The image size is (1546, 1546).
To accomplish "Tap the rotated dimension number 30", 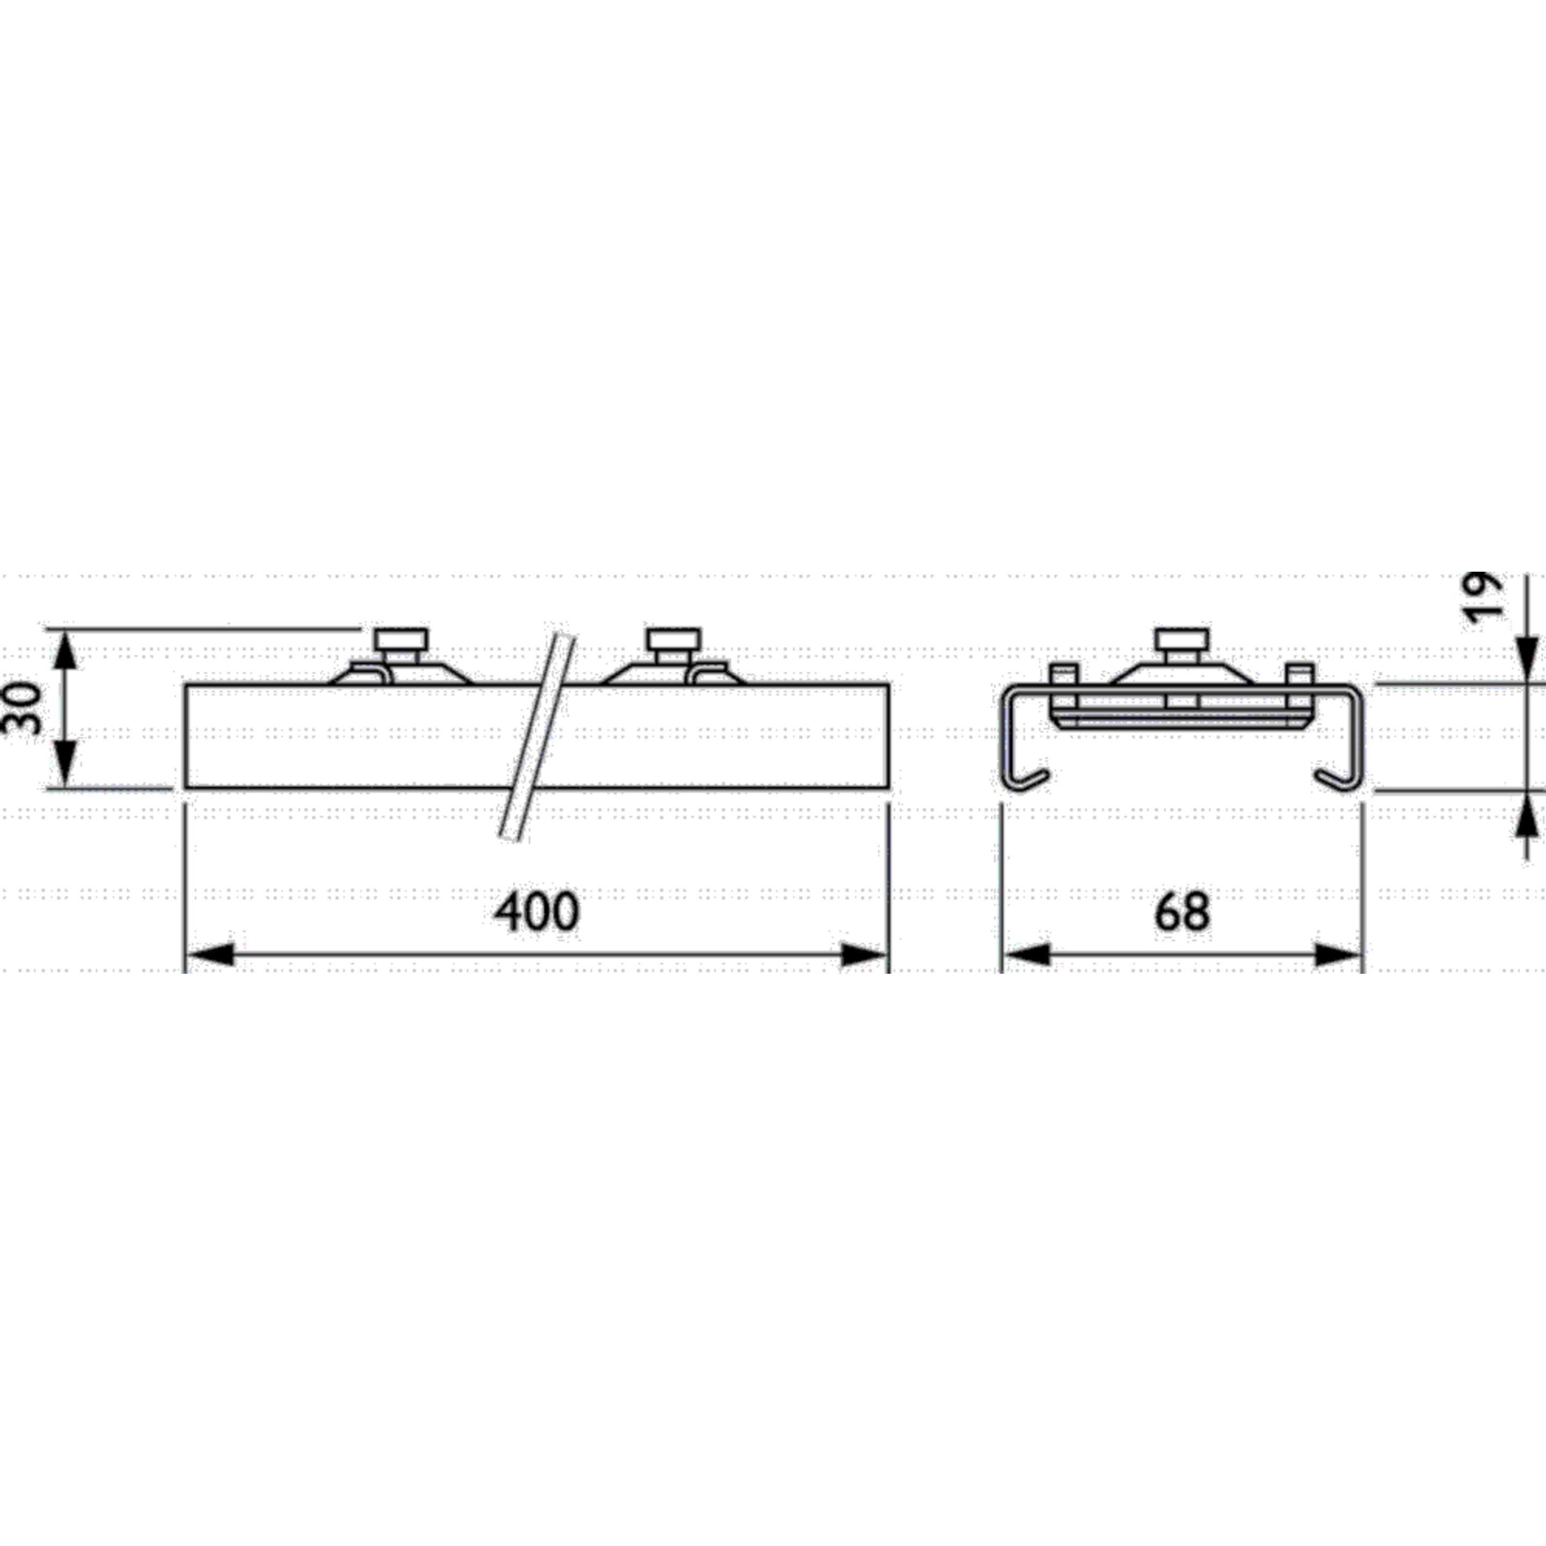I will (x=24, y=708).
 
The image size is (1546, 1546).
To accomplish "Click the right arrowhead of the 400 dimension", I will (x=865, y=954).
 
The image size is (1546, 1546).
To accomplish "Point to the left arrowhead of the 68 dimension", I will (x=1027, y=954).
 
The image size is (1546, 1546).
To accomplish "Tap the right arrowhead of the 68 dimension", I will (x=1339, y=954).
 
